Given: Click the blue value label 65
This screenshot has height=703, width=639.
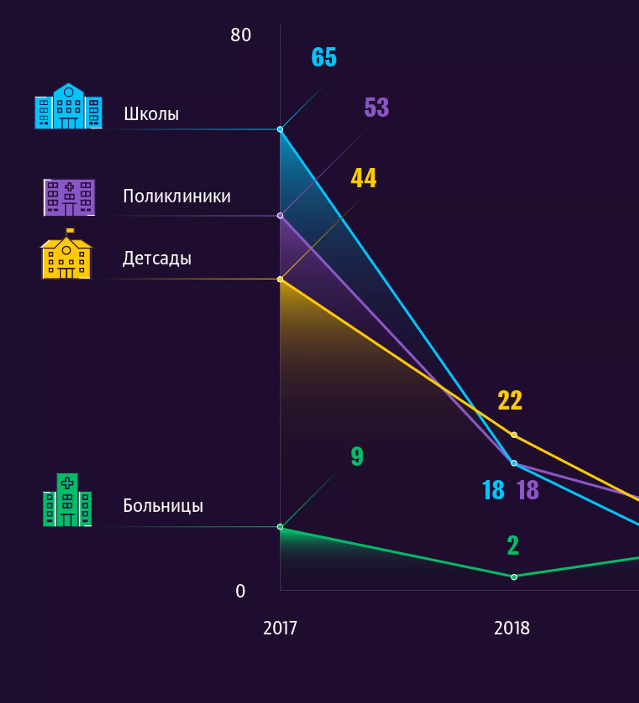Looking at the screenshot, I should click(324, 57).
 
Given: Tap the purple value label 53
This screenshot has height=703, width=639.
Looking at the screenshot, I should click(376, 107).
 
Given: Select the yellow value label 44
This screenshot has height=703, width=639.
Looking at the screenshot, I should click(363, 178).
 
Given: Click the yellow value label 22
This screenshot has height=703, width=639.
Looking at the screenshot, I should click(510, 400).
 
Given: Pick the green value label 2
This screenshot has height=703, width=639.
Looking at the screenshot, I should click(513, 545).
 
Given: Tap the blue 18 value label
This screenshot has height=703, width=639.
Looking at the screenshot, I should click(493, 490).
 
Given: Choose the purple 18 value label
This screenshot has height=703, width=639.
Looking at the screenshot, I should click(528, 490).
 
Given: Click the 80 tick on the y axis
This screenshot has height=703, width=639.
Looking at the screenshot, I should click(240, 35).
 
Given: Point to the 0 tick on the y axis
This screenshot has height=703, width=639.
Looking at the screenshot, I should click(240, 591).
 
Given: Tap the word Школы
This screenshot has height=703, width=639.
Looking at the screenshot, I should click(151, 114).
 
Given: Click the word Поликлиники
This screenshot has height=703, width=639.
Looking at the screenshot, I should click(177, 196).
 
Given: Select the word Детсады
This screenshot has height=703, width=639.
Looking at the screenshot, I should click(157, 259).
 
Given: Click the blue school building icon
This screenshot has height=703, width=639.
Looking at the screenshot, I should click(69, 106).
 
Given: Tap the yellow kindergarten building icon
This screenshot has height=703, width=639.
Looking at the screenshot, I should click(66, 254).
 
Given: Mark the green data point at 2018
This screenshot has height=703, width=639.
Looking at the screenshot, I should click(514, 577).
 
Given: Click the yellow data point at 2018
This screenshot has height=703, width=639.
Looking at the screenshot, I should click(514, 435).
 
